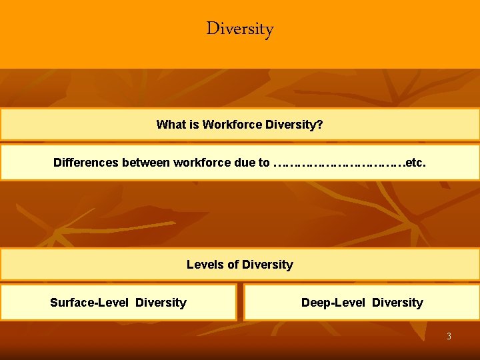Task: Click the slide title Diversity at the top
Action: [x=240, y=29]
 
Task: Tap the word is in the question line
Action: [x=193, y=125]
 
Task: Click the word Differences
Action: [x=85, y=163]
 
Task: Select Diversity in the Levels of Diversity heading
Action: [x=267, y=265]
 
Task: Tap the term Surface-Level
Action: [x=89, y=303]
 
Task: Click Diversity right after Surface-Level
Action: [x=161, y=303]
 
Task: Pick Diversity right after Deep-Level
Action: [x=397, y=303]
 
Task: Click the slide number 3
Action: [x=449, y=337]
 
